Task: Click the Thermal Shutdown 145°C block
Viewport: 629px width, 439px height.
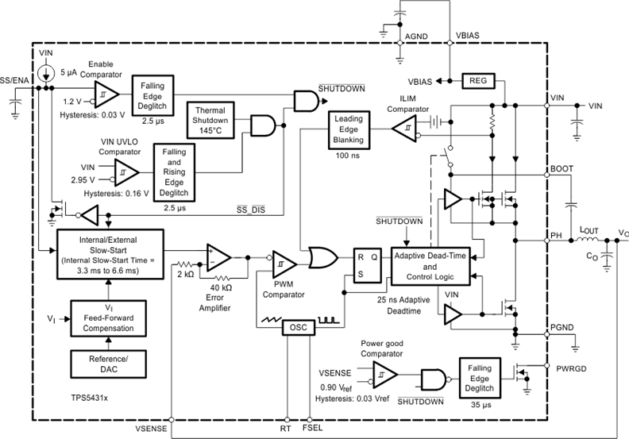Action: pos(210,120)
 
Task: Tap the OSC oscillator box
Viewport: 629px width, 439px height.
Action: pos(299,328)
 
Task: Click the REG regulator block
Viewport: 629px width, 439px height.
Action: pos(478,80)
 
